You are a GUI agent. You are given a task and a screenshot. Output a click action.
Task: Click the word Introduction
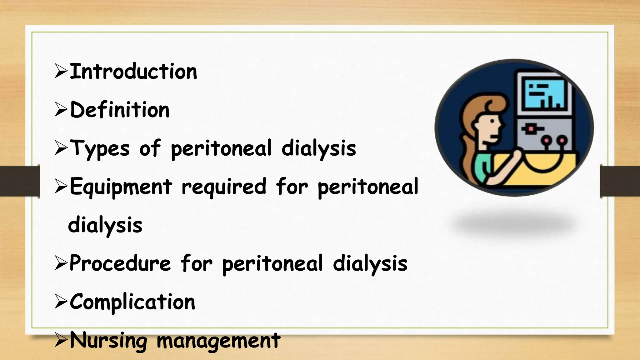pyautogui.click(x=133, y=72)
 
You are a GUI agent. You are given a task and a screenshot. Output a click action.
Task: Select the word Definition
pyautogui.click(x=120, y=110)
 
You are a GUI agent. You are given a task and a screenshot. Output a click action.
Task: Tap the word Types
pyautogui.click(x=99, y=149)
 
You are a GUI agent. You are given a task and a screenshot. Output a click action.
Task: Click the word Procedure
pyautogui.click(x=120, y=263)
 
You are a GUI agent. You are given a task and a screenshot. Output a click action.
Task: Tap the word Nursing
pyautogui.click(x=108, y=341)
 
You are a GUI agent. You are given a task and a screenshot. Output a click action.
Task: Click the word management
pyautogui.click(x=218, y=341)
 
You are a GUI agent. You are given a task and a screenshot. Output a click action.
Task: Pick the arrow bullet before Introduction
pyautogui.click(x=61, y=71)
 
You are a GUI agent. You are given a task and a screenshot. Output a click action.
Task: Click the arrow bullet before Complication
pyautogui.click(x=61, y=302)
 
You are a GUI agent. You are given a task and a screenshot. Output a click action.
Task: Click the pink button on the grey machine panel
pyautogui.click(x=531, y=128)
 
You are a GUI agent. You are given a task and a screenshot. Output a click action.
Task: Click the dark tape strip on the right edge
pyautogui.click(x=620, y=181)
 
